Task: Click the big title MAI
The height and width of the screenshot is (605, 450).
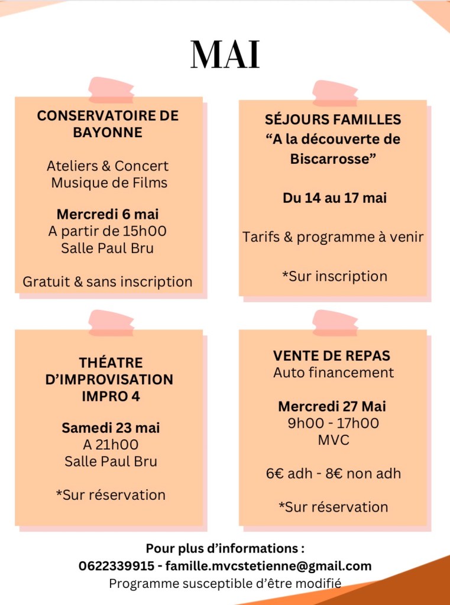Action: (x=225, y=55)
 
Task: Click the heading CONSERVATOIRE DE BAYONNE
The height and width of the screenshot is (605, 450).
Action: (x=108, y=124)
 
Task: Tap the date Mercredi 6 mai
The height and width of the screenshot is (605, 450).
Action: (x=108, y=214)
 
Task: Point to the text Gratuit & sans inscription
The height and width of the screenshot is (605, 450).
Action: (x=108, y=282)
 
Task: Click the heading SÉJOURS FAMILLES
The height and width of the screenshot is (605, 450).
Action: (x=333, y=119)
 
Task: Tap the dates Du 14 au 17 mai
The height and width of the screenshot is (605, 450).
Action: (x=334, y=198)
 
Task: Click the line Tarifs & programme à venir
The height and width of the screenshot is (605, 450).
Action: (x=333, y=237)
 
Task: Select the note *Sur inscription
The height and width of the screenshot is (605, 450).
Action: (x=334, y=276)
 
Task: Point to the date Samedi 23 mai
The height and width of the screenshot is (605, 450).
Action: (x=111, y=428)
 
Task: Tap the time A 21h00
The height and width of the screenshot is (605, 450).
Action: (x=111, y=445)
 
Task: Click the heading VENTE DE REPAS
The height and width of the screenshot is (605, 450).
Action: (x=332, y=355)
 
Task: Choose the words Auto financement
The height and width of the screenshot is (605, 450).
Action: (x=333, y=373)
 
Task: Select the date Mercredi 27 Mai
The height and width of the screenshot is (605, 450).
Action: (x=332, y=406)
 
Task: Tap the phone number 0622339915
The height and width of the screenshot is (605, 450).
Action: (x=116, y=566)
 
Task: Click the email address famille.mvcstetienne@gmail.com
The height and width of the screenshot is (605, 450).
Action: (x=268, y=566)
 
